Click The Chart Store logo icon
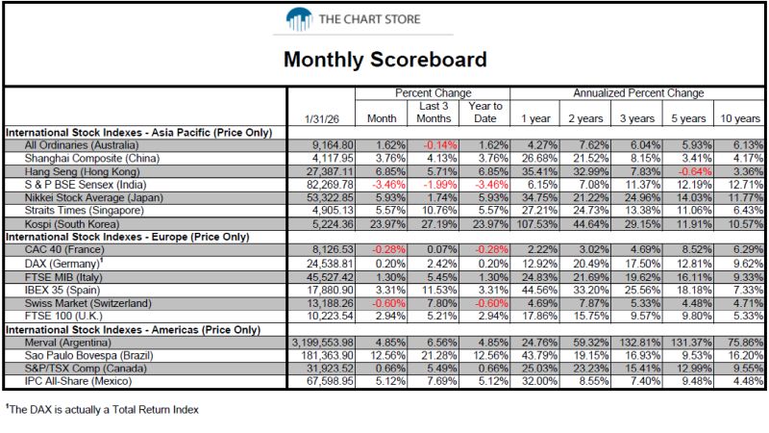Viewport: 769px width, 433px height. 299,19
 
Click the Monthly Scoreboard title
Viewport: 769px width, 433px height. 385,60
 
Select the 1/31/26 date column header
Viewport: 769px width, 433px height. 321,118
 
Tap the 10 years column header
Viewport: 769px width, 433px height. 739,118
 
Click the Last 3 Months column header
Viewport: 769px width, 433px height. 434,113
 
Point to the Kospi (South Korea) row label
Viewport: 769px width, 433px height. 72,224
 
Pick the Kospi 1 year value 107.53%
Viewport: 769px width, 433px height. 537,224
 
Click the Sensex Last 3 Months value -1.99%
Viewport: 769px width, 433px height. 440,185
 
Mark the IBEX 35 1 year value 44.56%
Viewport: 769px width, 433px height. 539,290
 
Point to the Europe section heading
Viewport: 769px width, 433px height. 128,237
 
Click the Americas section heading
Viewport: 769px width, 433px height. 133,329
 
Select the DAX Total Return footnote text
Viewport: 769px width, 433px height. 103,410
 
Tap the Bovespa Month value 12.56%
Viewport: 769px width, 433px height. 388,355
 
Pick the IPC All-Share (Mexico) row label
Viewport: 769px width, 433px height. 79,381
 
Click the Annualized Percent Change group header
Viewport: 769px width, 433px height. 638,92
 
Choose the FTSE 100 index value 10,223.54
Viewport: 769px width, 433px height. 330,316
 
